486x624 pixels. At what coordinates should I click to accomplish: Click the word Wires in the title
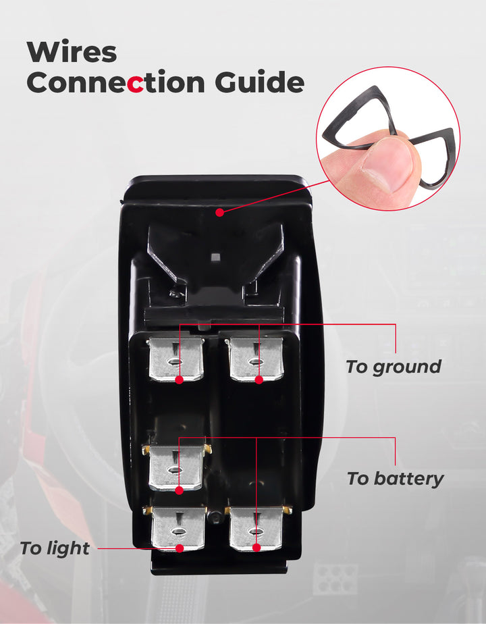72,52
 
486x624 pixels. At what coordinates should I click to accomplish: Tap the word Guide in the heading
260,83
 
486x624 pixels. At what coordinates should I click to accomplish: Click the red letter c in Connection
136,85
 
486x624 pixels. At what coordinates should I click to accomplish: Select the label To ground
394,367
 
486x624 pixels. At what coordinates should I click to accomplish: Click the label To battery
395,479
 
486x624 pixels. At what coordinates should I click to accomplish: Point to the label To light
55,548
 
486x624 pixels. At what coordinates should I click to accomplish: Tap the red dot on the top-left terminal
179,380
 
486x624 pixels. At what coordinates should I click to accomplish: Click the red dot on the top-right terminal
259,380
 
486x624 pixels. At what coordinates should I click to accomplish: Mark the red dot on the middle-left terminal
179,490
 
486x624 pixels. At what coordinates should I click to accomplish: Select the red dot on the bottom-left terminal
180,548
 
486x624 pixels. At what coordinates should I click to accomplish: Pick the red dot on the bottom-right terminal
256,548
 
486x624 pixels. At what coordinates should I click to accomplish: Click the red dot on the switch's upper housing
219,213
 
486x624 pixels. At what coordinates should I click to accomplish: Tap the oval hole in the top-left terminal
175,362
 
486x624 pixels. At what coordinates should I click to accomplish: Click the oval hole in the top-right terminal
255,362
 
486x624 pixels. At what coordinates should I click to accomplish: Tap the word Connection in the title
115,83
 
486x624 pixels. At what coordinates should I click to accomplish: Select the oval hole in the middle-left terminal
174,470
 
